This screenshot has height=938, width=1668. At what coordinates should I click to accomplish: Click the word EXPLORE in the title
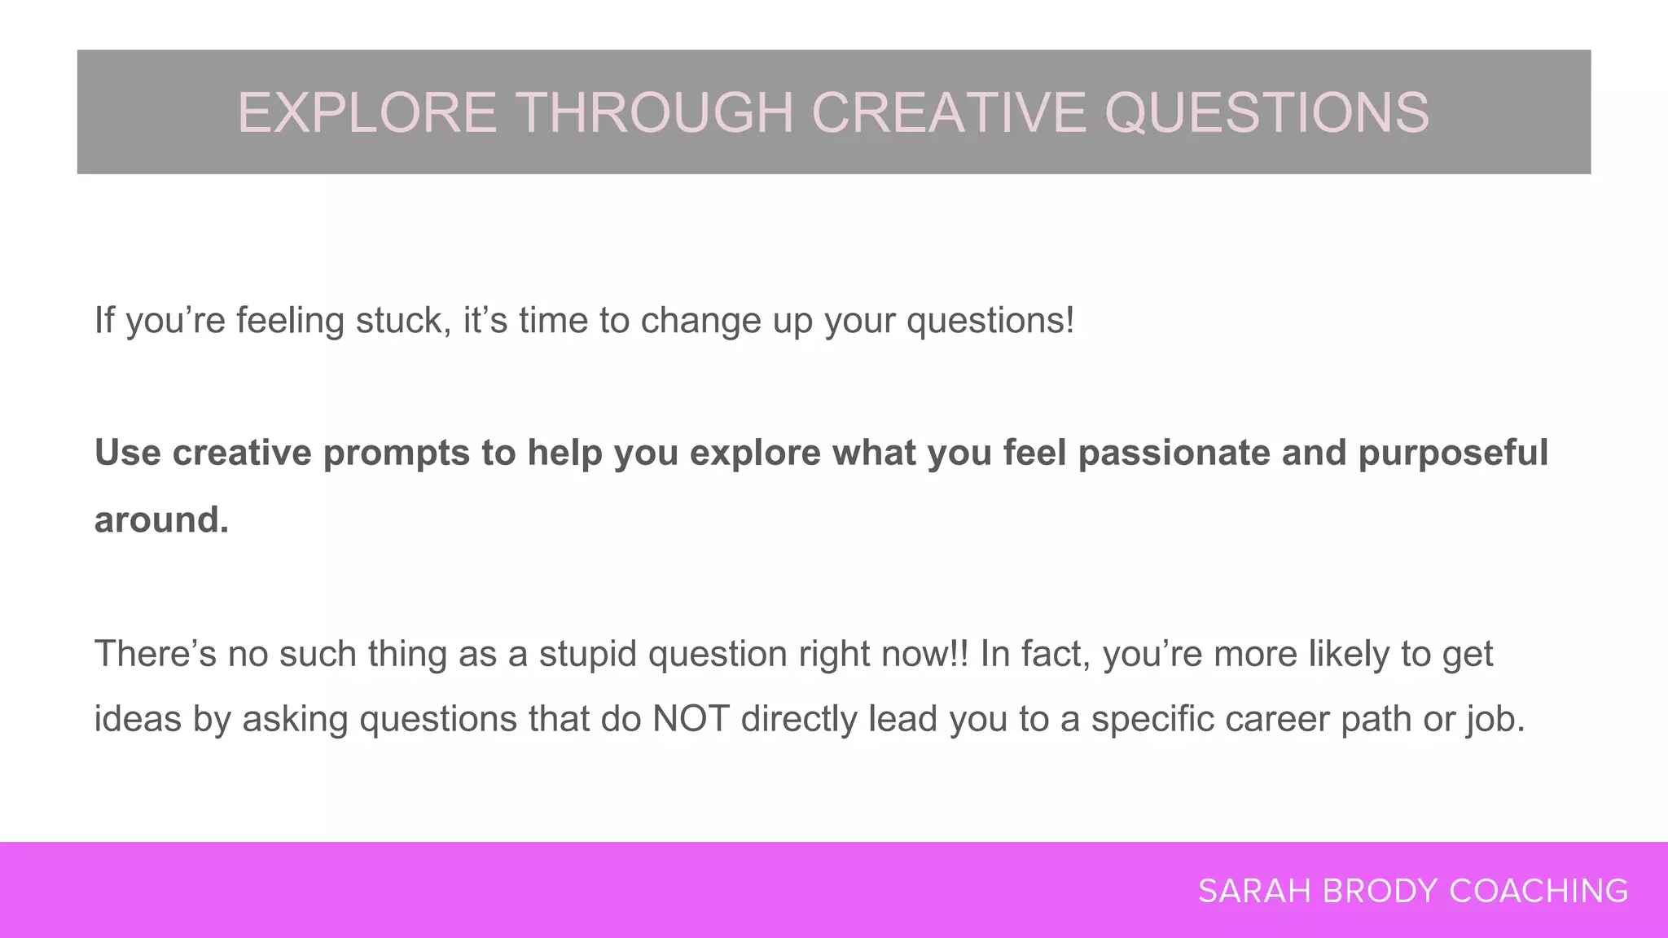pyautogui.click(x=367, y=112)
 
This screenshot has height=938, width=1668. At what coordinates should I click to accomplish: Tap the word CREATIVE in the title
pyautogui.click(x=949, y=112)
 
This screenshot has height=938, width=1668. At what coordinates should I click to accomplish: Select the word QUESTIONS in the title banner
pyautogui.click(x=1266, y=112)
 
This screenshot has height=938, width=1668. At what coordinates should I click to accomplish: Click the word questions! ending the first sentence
pyautogui.click(x=990, y=320)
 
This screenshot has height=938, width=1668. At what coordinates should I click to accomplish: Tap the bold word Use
pyautogui.click(x=127, y=453)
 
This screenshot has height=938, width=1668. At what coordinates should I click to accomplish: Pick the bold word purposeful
pyautogui.click(x=1452, y=453)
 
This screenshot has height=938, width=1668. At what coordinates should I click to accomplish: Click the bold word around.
pyautogui.click(x=161, y=519)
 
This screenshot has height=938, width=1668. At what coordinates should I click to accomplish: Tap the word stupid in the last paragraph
pyautogui.click(x=587, y=654)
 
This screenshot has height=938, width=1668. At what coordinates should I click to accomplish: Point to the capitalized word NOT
pyautogui.click(x=690, y=719)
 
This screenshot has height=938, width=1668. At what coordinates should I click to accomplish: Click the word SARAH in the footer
pyautogui.click(x=1254, y=892)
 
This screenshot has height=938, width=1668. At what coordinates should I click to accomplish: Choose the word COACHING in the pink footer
pyautogui.click(x=1539, y=892)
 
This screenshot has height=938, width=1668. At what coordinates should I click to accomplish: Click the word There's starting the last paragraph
pyautogui.click(x=156, y=654)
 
